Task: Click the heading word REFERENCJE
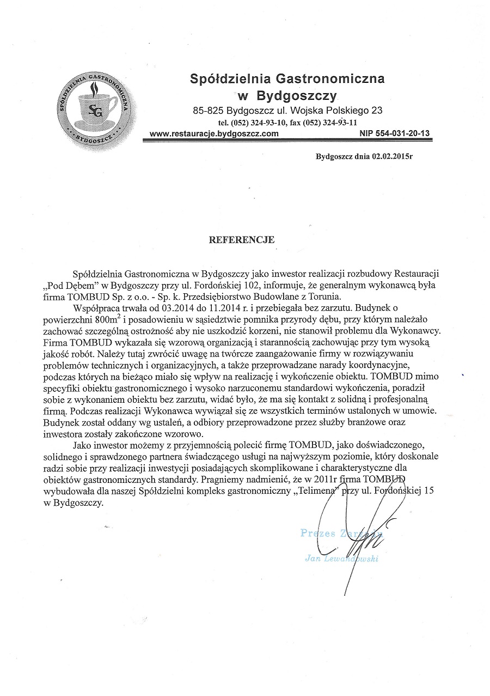(x=242, y=239)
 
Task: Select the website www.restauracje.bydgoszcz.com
(x=214, y=133)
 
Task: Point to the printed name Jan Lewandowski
(x=342, y=559)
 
